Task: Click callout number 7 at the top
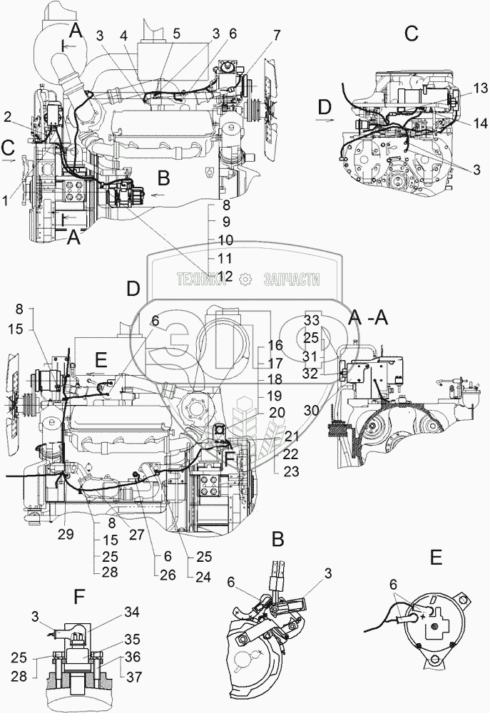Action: (276, 35)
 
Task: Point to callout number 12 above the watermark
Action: (225, 276)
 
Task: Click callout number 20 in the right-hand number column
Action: (276, 411)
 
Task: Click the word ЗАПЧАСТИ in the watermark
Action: (290, 280)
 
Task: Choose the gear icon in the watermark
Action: (245, 280)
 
